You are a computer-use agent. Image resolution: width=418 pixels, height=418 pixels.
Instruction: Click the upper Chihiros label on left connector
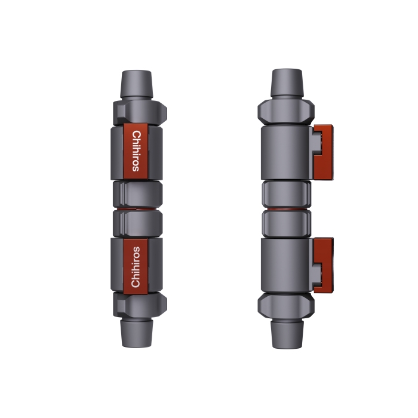[136, 151]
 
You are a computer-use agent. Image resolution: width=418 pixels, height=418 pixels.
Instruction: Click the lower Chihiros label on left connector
[136, 266]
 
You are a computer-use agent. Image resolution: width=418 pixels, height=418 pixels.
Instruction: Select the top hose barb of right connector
[287, 84]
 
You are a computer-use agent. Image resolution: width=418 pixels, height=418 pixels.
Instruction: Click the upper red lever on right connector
[324, 152]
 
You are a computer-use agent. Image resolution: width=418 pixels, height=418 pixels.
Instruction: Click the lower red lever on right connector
[324, 265]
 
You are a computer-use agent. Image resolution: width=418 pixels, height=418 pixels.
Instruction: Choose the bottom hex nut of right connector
[287, 305]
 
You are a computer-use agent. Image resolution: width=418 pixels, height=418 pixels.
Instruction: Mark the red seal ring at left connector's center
[137, 209]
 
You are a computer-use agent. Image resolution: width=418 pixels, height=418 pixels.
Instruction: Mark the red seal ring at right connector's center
[287, 209]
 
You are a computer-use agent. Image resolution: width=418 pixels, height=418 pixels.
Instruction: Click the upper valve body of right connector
[285, 152]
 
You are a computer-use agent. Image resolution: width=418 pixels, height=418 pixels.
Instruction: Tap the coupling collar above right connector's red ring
[287, 193]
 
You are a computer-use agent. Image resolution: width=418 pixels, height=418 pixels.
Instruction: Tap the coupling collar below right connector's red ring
[287, 223]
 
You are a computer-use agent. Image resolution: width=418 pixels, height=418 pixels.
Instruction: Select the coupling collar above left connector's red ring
[137, 193]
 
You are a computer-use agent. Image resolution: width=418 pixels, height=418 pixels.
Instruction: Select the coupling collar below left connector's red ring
[137, 223]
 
